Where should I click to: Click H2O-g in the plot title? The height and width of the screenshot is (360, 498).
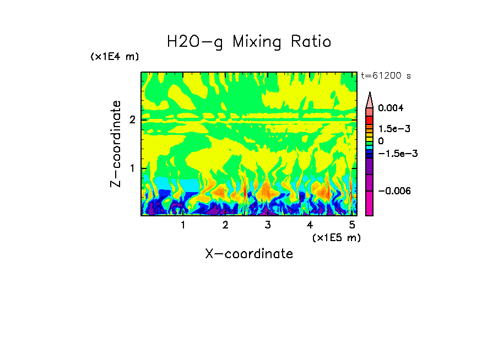195,42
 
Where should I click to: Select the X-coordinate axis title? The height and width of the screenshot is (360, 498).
249,254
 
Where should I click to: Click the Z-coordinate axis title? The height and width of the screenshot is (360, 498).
116,144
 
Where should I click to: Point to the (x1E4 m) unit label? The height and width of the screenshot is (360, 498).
115,57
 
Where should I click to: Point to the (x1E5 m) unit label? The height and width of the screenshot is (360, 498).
337,237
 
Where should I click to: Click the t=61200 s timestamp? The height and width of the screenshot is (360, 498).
386,76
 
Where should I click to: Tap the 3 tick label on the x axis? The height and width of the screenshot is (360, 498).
267,225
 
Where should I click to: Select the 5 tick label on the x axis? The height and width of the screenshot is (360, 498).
352,225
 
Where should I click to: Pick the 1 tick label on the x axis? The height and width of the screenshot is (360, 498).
183,225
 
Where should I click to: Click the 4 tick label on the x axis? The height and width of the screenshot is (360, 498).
310,225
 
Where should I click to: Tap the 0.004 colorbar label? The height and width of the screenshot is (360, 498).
391,108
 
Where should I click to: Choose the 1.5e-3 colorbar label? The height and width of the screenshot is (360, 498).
394,129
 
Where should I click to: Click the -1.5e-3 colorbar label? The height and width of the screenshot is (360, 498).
397,154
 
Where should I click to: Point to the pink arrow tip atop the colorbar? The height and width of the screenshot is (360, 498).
370,99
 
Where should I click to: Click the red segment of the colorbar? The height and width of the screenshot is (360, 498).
370,119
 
